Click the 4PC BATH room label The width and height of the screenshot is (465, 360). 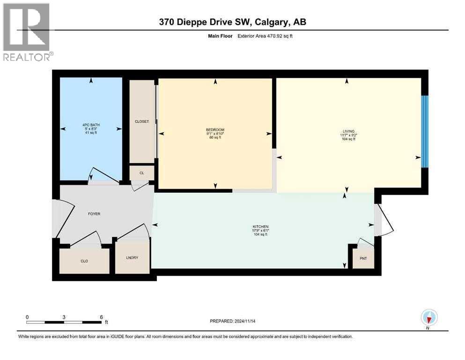tap(91, 125)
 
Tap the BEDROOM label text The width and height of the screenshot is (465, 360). tap(215, 130)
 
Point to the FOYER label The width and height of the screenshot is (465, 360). tap(94, 214)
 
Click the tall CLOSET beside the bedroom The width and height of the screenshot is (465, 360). tap(141, 121)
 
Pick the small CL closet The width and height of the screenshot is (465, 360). tap(141, 173)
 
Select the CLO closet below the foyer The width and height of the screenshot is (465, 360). tap(84, 261)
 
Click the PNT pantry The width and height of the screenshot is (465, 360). tap(363, 258)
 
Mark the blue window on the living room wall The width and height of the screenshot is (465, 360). tap(424, 131)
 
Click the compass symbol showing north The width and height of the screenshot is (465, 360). tap(429, 318)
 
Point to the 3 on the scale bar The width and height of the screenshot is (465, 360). tap(64, 317)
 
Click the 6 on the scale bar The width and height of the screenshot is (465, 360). tap(101, 317)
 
